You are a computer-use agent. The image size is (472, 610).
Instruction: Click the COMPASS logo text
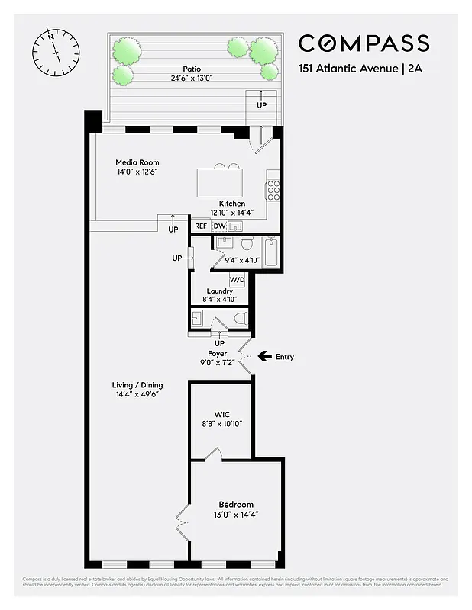363,43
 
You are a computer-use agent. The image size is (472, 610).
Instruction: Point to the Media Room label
137,162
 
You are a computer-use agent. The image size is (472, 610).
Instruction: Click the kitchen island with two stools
220,182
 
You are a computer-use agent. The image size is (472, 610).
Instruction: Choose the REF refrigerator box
201,226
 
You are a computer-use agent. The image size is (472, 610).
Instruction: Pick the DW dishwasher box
219,226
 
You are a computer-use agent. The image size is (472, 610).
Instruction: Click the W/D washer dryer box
238,279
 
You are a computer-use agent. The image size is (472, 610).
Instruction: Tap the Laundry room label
220,291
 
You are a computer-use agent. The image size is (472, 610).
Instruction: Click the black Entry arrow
265,356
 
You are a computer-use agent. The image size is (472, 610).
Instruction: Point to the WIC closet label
221,415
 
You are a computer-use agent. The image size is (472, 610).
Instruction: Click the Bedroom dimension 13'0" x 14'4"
237,514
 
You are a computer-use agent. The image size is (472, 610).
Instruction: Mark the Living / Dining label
137,385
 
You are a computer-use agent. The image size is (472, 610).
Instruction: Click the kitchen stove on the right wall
272,189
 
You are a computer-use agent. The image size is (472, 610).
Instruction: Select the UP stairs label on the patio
261,105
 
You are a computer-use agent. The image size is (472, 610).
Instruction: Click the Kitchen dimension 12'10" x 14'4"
232,213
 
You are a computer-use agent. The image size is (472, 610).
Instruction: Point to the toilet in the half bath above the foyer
241,318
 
